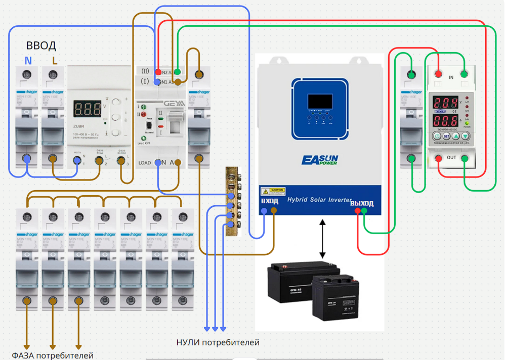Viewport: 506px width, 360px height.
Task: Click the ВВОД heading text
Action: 41,46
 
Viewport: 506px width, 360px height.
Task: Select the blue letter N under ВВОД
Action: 28,61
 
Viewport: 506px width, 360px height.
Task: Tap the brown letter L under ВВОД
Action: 55,61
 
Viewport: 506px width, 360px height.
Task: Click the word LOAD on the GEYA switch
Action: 145,163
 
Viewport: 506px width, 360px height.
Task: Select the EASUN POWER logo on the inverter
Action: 320,160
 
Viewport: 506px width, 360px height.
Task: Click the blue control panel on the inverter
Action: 320,109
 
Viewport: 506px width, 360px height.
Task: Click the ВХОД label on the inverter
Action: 269,201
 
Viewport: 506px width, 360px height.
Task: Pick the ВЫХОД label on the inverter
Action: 362,203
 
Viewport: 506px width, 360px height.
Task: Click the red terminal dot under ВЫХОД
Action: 358,211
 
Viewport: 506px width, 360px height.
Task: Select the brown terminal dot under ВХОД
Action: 274,211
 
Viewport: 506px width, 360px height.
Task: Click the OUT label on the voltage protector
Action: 451,158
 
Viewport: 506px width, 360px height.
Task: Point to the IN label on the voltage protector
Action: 451,77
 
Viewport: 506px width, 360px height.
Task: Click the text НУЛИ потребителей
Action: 218,343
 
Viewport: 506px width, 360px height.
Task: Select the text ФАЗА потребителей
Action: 53,355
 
